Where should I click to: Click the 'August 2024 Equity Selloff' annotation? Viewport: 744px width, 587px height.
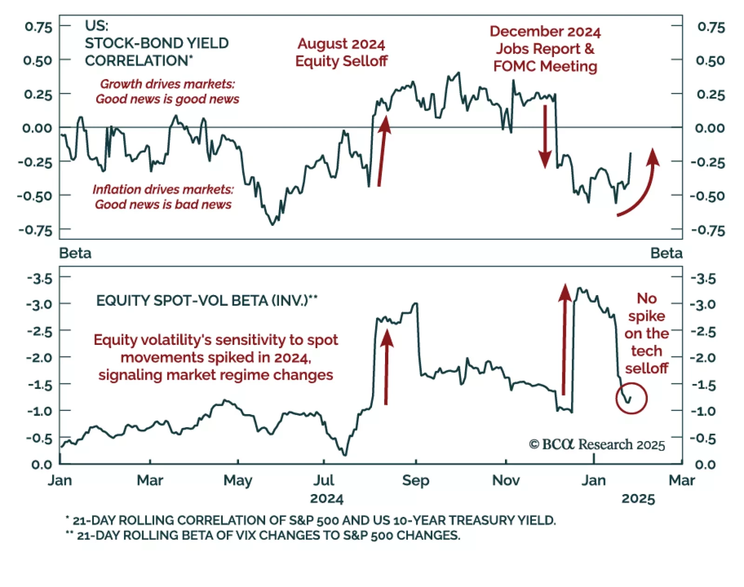pyautogui.click(x=341, y=53)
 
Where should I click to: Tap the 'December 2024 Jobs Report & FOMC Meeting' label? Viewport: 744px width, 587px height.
pyautogui.click(x=545, y=49)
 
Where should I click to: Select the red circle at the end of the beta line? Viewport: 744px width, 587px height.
pyautogui.click(x=631, y=398)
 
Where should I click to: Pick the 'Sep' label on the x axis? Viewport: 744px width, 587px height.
pyautogui.click(x=415, y=480)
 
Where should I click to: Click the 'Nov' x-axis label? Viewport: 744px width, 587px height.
pyautogui.click(x=506, y=480)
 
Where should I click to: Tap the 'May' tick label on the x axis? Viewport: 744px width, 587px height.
pyautogui.click(x=238, y=480)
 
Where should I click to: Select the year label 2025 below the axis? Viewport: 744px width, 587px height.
pyautogui.click(x=638, y=499)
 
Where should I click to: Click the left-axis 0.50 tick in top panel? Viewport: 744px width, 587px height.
pyautogui.click(x=38, y=60)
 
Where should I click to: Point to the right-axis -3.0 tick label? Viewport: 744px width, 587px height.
pyautogui.click(x=703, y=305)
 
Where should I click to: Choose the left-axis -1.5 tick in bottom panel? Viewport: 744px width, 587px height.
pyautogui.click(x=40, y=385)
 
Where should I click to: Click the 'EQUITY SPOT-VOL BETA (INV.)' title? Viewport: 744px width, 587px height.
pyautogui.click(x=206, y=300)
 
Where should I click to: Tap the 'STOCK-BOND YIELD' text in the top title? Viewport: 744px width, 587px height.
pyautogui.click(x=157, y=43)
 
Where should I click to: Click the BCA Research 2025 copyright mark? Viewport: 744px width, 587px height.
pyautogui.click(x=597, y=445)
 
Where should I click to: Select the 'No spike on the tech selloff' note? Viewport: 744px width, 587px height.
pyautogui.click(x=646, y=333)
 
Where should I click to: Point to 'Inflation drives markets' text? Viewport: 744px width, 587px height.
pyautogui.click(x=163, y=189)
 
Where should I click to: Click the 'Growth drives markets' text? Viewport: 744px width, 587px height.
pyautogui.click(x=167, y=84)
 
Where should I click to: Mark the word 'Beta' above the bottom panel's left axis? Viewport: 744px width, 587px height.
pyautogui.click(x=75, y=253)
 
